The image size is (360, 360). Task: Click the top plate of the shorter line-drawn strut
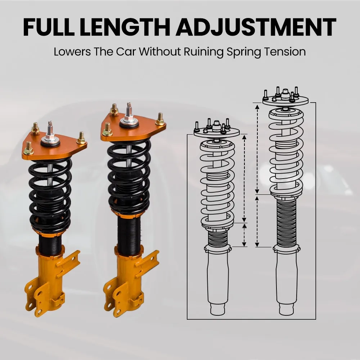click(x=216, y=134)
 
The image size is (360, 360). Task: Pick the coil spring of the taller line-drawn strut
click(x=286, y=151)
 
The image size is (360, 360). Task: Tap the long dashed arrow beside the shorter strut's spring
click(x=244, y=178)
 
